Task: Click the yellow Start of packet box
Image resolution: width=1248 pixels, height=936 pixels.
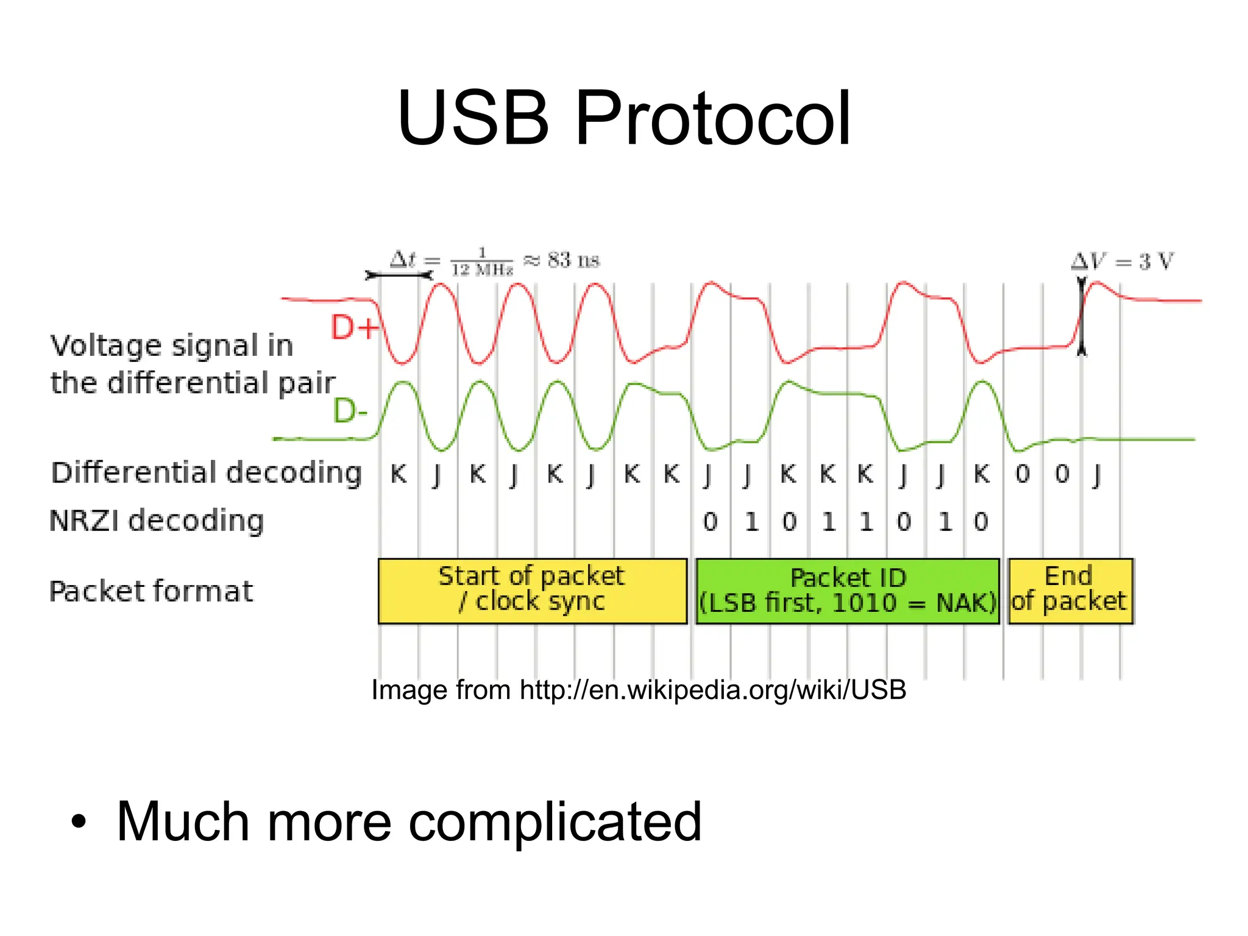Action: [x=532, y=590]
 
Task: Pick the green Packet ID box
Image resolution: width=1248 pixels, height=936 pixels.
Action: [x=848, y=590]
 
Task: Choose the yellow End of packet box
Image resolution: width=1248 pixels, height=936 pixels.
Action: [x=1070, y=590]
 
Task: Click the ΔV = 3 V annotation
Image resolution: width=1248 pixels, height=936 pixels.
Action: [x=1122, y=261]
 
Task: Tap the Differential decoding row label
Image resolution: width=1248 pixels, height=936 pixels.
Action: [x=206, y=473]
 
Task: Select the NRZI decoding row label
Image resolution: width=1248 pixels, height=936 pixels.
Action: [x=157, y=521]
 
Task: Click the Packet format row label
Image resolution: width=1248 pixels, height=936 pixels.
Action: [x=151, y=591]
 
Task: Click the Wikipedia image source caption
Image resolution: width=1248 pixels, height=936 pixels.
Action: [x=639, y=690]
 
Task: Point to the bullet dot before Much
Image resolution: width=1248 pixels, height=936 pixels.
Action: [x=79, y=821]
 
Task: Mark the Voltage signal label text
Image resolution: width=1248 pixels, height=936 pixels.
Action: [x=192, y=364]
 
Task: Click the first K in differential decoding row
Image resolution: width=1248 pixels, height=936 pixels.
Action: [x=399, y=473]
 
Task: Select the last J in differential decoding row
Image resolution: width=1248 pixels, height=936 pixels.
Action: [x=1097, y=475]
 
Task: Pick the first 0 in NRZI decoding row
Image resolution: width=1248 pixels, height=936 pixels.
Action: [x=710, y=522]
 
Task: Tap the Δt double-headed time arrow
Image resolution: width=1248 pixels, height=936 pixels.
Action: [x=399, y=275]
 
